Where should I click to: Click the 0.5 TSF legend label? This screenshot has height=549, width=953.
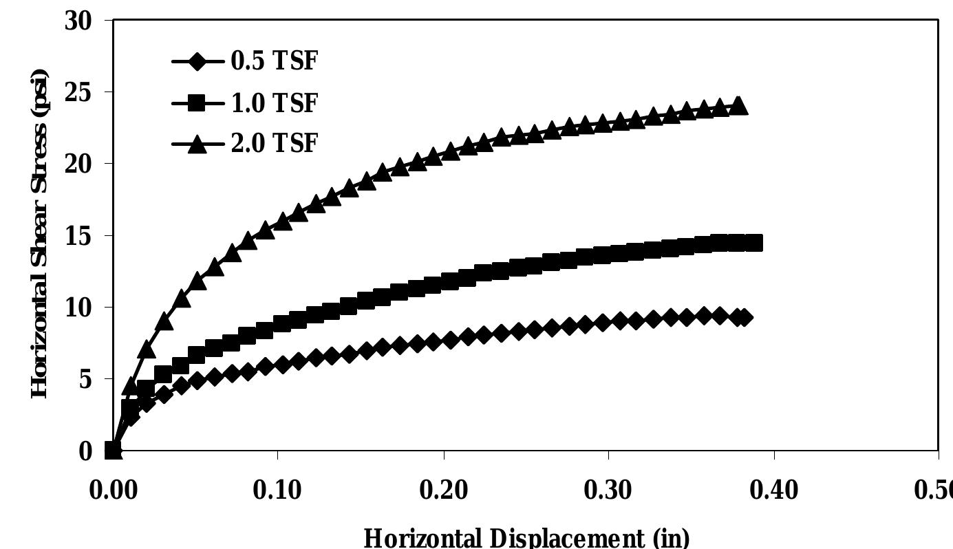click(x=271, y=61)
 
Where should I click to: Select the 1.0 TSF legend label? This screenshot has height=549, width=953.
click(x=271, y=103)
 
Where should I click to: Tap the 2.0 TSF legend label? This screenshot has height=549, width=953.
click(x=271, y=143)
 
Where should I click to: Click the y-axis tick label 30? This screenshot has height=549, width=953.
click(x=79, y=20)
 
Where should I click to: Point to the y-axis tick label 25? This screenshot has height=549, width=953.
click(x=79, y=92)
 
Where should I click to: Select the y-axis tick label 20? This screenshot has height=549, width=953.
click(x=79, y=164)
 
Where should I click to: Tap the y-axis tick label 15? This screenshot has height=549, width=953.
click(x=79, y=235)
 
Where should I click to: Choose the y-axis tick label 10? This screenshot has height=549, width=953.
click(x=79, y=308)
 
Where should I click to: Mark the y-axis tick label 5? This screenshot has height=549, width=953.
click(x=87, y=379)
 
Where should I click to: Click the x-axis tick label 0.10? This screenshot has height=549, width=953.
click(x=278, y=491)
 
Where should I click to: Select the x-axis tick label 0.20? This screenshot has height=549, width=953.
click(x=444, y=491)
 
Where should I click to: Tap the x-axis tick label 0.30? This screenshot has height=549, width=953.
click(x=609, y=491)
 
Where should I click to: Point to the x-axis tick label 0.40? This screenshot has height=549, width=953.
click(x=774, y=491)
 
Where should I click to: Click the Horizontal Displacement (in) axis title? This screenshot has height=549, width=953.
click(x=526, y=537)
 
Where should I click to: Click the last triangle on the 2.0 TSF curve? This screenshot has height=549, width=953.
click(x=738, y=106)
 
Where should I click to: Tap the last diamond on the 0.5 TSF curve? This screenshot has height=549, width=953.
click(x=742, y=317)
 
